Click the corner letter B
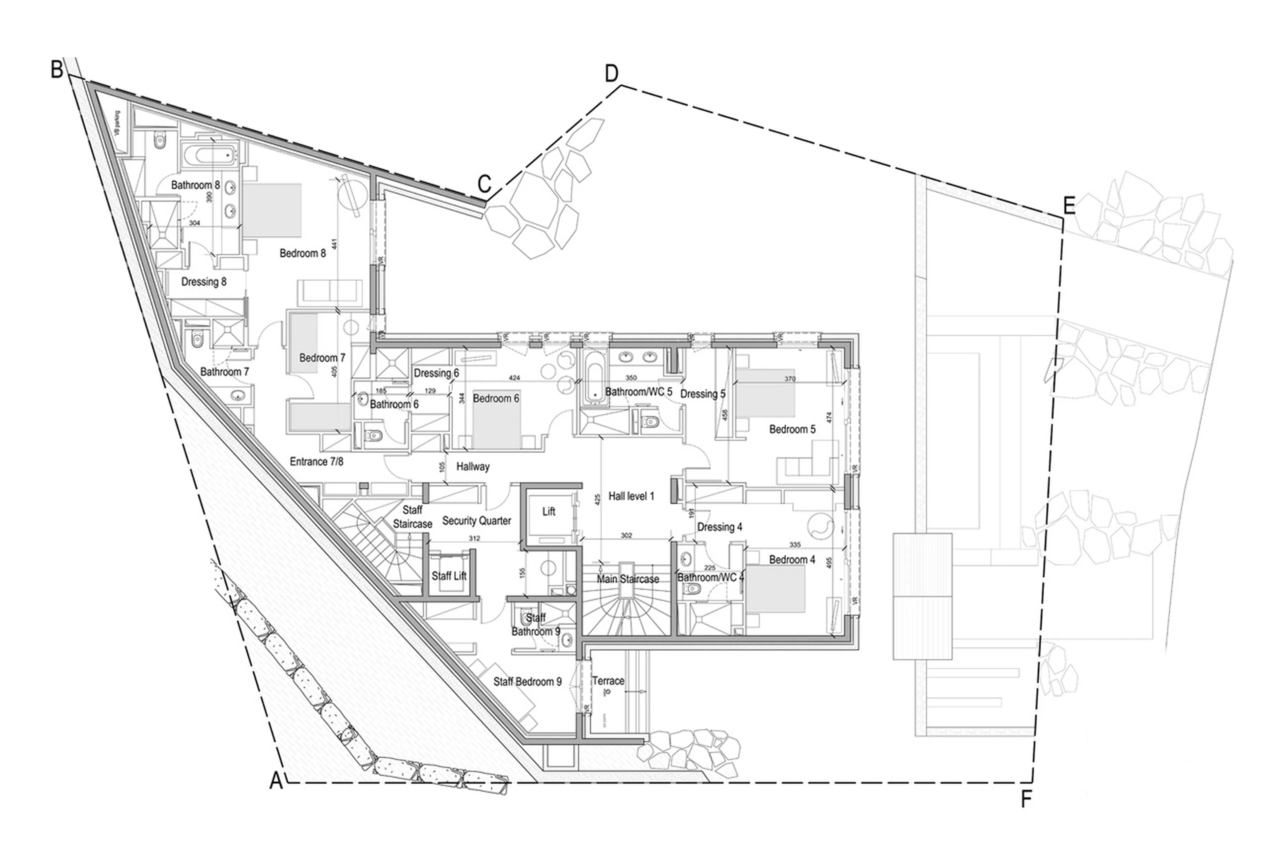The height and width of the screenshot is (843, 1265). [x=57, y=70]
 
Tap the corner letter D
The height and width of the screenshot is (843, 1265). [x=611, y=74]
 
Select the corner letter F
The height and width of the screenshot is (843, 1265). [x=1026, y=800]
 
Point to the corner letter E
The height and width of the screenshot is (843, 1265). [x=1069, y=206]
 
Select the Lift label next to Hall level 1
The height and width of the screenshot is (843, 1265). [x=548, y=511]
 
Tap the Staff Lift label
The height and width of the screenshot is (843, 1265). [x=449, y=576]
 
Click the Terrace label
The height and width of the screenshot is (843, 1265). [x=608, y=681]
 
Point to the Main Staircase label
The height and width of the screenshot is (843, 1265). [x=627, y=579]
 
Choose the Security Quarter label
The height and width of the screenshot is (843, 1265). [x=476, y=520]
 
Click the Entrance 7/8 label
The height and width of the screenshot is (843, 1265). [x=316, y=461]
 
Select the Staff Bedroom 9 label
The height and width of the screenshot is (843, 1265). [x=527, y=682]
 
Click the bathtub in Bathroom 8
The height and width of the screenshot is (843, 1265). [x=213, y=156]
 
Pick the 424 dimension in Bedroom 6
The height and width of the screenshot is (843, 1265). [x=514, y=378]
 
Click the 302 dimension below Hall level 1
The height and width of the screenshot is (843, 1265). [x=626, y=535]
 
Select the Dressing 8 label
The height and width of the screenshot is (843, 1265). [x=204, y=282]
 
